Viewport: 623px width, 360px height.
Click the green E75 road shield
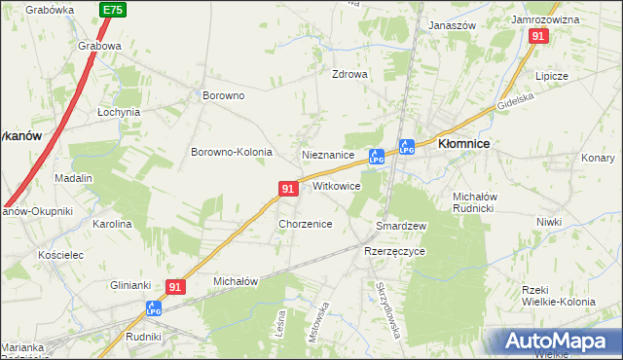[112, 9]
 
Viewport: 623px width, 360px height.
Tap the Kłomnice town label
[463, 143]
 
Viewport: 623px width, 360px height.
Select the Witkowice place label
[337, 185]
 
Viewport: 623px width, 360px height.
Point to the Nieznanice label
[328, 155]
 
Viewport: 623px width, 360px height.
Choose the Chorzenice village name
[306, 224]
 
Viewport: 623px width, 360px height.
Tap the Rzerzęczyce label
[394, 250]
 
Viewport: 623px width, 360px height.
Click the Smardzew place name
[402, 226]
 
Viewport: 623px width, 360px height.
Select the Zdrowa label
[350, 74]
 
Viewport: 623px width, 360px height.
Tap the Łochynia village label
[119, 112]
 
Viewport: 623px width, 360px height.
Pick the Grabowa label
[100, 45]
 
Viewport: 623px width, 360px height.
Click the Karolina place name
[112, 224]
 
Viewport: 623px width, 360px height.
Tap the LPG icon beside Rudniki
[154, 308]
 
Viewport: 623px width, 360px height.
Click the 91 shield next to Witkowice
[287, 188]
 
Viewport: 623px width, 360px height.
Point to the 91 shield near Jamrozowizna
[539, 36]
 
